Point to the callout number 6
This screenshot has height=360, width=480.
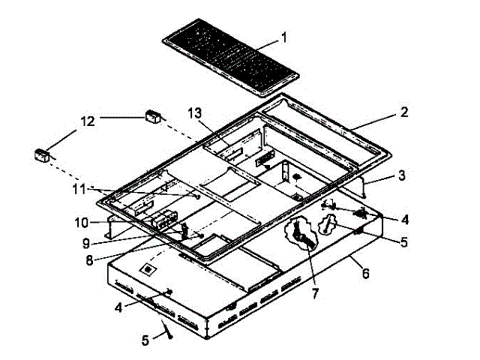click(x=366, y=274)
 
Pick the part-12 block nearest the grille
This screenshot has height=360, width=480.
click(x=153, y=116)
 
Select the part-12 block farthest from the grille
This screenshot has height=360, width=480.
click(x=41, y=154)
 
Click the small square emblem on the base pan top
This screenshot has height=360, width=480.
click(x=148, y=268)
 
